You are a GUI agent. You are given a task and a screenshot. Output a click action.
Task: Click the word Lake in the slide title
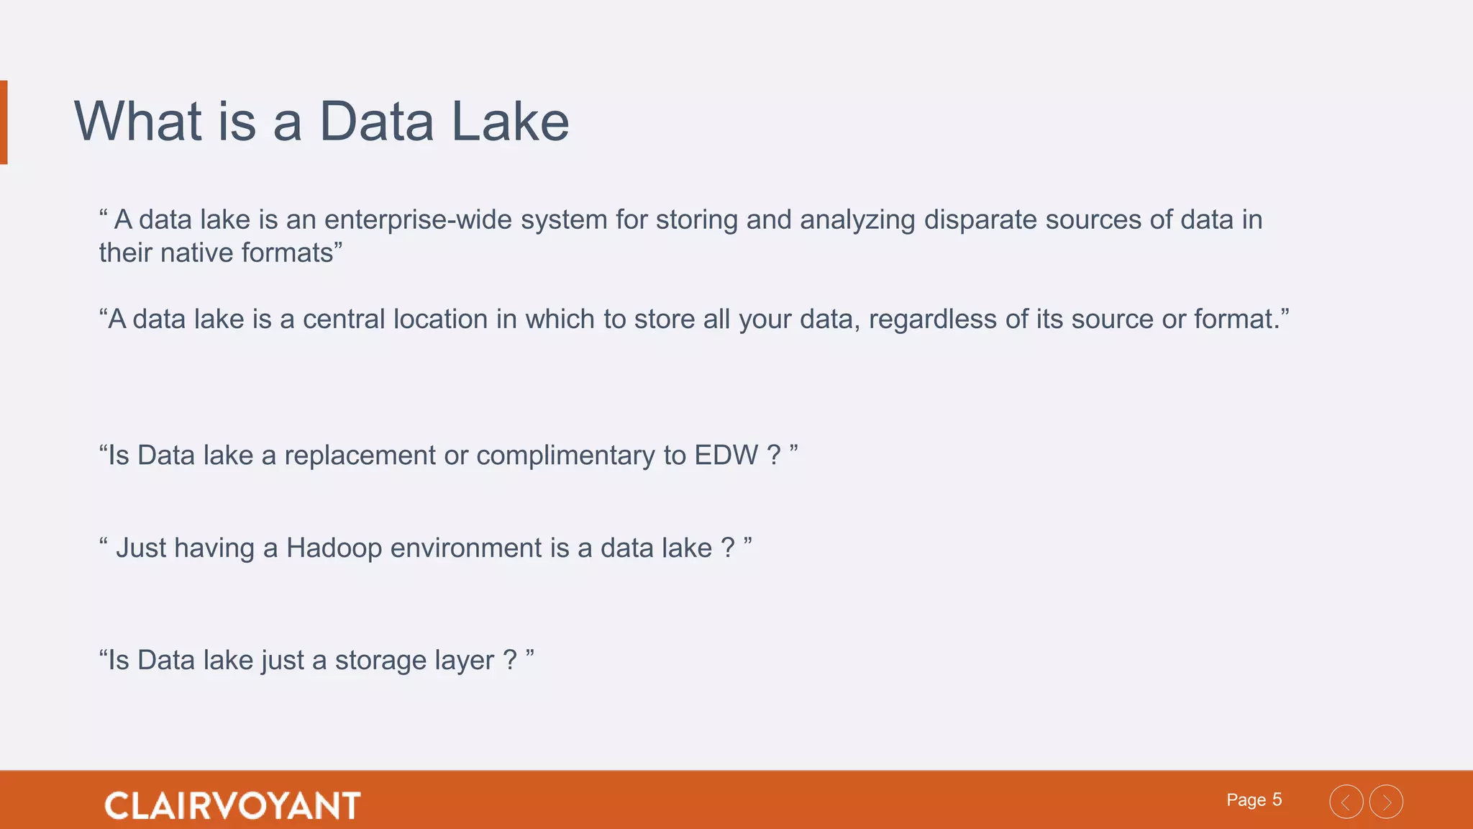510,122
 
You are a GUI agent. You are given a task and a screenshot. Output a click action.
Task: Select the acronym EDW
726,456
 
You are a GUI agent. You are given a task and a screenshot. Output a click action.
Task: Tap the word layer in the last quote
462,661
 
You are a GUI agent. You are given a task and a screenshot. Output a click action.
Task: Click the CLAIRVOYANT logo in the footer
232,805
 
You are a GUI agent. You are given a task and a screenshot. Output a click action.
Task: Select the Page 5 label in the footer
1254,800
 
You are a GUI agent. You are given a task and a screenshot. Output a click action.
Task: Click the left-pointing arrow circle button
1346,802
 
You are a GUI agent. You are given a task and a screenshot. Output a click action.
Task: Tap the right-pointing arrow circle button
1386,802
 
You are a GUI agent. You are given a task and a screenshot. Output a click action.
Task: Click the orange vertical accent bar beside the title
4,122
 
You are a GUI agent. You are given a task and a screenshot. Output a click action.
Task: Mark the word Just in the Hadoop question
142,548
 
